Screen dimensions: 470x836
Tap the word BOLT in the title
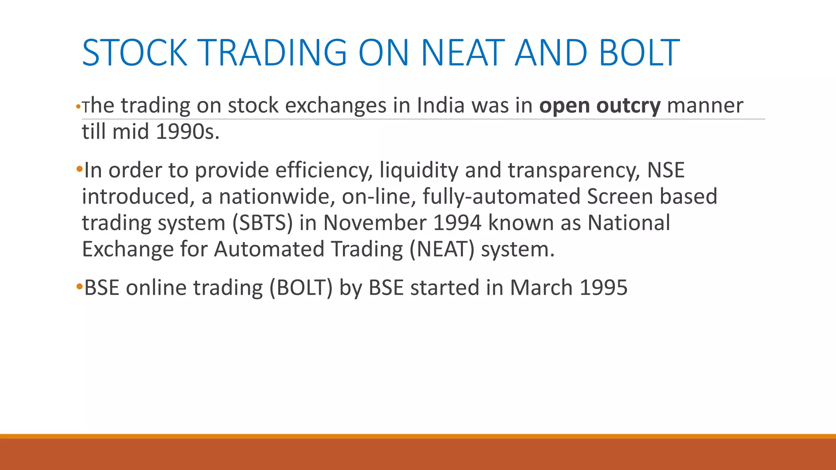[639, 53]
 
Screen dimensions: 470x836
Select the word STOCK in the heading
[134, 53]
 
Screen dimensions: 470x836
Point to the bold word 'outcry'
[628, 106]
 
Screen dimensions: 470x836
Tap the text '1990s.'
[187, 132]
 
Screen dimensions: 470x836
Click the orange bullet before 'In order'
[79, 169]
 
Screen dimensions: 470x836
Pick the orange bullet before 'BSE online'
[79, 286]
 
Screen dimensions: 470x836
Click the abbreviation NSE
[666, 170]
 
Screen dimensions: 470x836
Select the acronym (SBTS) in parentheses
[262, 223]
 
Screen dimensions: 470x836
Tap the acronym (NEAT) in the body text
[442, 249]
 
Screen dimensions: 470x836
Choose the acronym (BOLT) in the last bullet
[301, 288]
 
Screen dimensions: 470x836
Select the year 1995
[603, 288]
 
